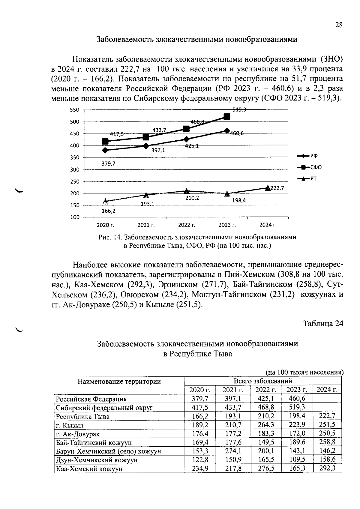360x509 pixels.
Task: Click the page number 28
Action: tap(339, 25)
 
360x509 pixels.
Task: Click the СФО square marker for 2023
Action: tap(227, 117)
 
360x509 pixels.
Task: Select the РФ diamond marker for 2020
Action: tap(105, 150)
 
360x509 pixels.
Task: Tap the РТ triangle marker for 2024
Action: tap(268, 188)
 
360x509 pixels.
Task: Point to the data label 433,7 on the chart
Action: tap(159, 130)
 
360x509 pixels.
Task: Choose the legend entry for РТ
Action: tap(313, 179)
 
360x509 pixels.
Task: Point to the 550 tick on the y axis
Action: tap(75, 110)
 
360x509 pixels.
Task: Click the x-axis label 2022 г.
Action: tap(187, 225)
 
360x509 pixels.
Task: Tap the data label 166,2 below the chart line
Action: tap(108, 211)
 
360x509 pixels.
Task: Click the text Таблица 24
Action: tap(323, 324)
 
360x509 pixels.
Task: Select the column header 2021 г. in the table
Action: tap(232, 390)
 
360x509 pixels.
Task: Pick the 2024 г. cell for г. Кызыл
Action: tap(327, 424)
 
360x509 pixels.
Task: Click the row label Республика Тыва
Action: tap(83, 417)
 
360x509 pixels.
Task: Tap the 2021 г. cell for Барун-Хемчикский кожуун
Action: tap(233, 451)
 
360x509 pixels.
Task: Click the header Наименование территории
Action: tap(119, 382)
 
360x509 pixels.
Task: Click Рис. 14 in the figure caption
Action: tap(110, 237)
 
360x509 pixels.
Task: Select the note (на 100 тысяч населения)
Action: tap(304, 372)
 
